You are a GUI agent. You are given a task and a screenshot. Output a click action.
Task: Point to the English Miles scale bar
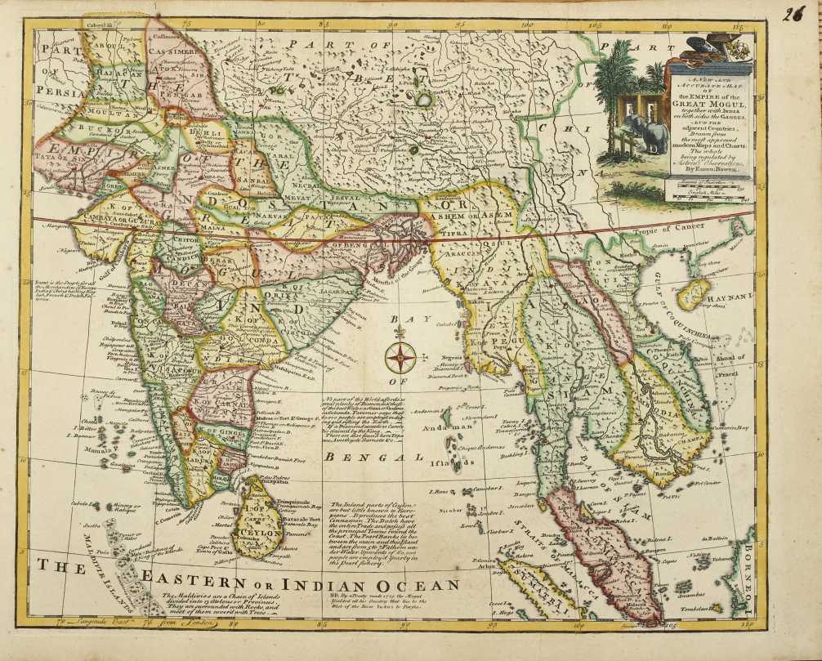click(x=706, y=196)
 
